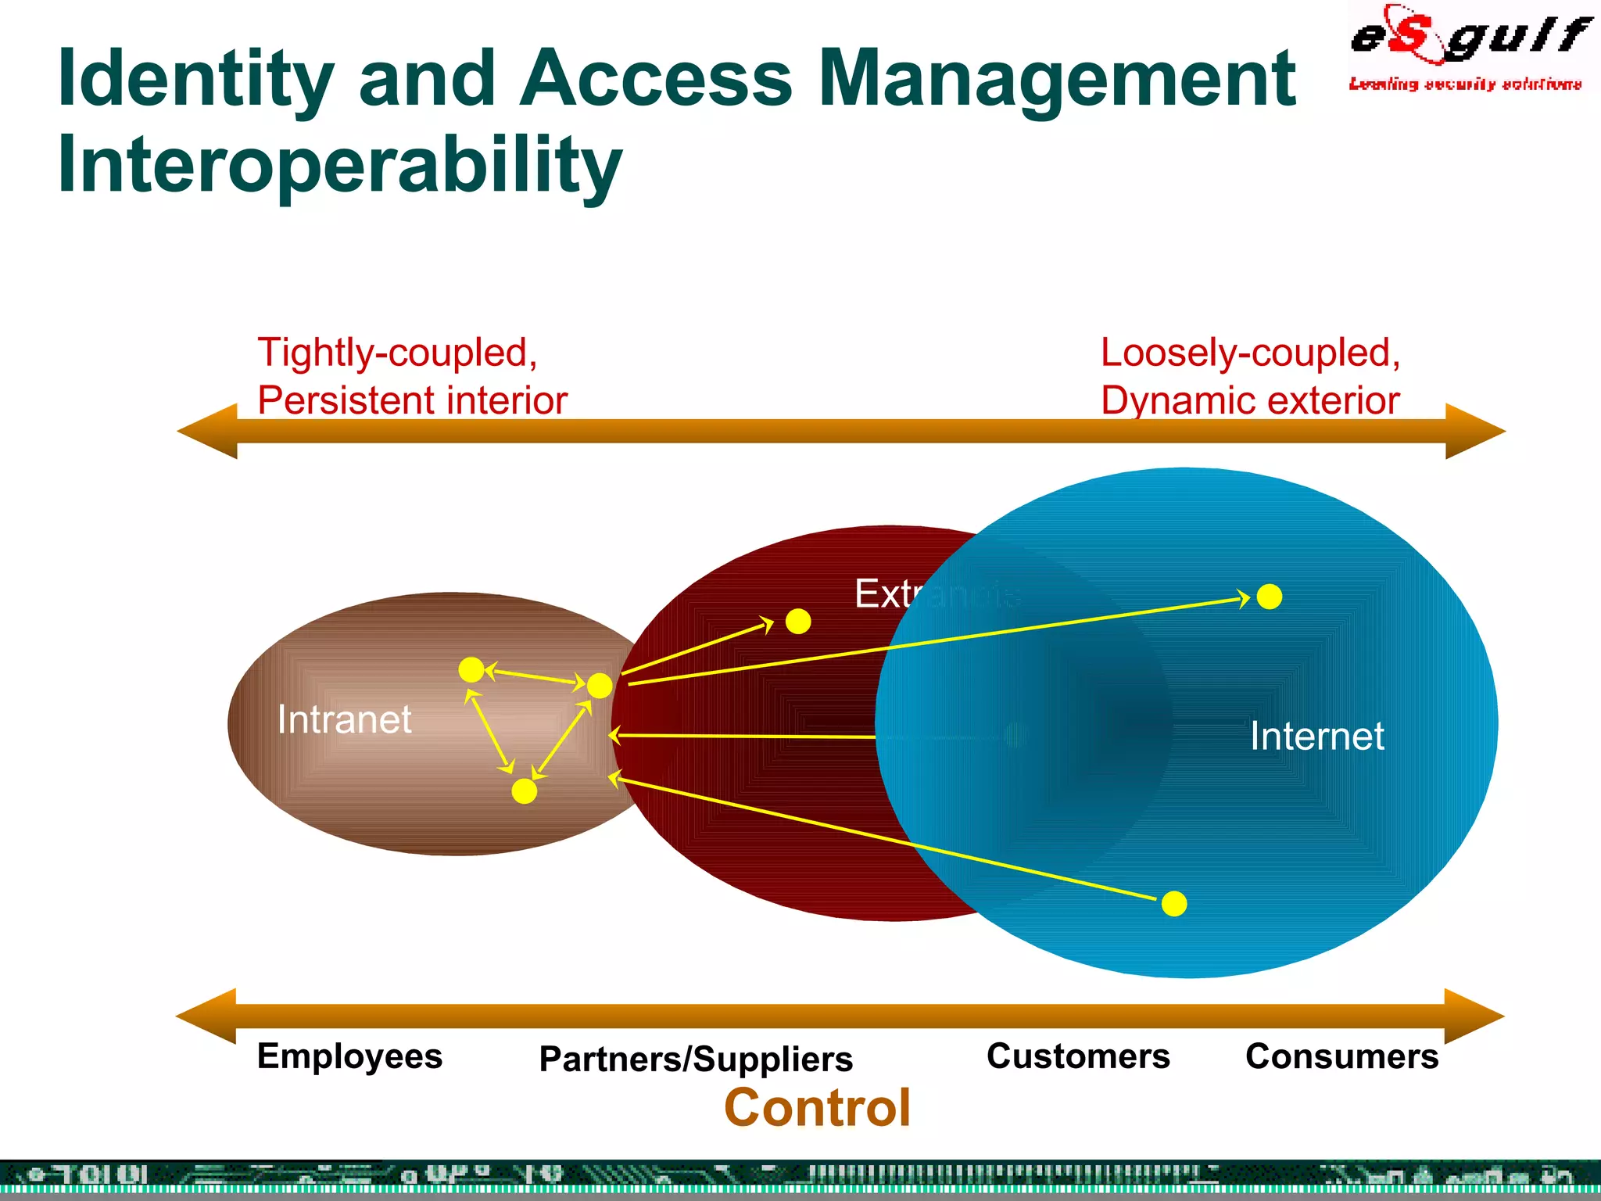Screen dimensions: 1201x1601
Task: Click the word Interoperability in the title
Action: point(339,164)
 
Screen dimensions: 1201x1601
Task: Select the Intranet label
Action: point(344,719)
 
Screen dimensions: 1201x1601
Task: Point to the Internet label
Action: point(1316,736)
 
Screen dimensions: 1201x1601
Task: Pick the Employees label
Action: point(349,1056)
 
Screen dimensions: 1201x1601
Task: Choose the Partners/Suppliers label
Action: point(696,1059)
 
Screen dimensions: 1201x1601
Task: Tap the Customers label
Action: point(1078,1056)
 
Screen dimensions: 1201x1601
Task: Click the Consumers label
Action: point(1341,1056)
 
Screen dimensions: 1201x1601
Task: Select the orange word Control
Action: point(818,1108)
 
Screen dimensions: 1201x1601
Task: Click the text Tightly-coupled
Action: point(397,353)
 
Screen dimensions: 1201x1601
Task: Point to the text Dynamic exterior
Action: point(1249,400)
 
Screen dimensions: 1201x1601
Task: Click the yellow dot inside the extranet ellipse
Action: point(798,622)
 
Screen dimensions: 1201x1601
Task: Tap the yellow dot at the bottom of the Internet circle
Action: point(1174,904)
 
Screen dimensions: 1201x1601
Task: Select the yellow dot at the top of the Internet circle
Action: point(1270,597)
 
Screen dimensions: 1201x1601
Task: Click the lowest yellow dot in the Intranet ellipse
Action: point(524,791)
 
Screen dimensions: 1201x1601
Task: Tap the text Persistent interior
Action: point(412,400)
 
